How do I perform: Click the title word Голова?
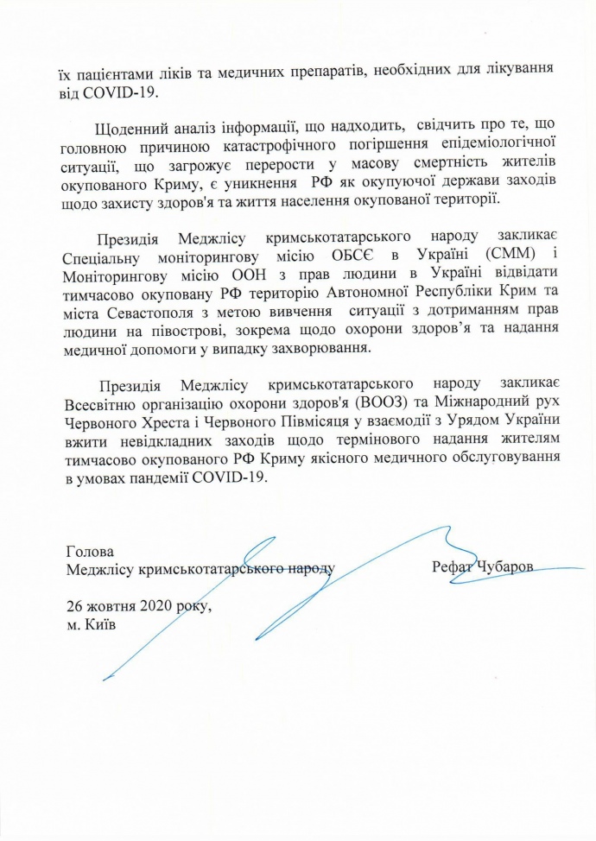coord(89,551)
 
